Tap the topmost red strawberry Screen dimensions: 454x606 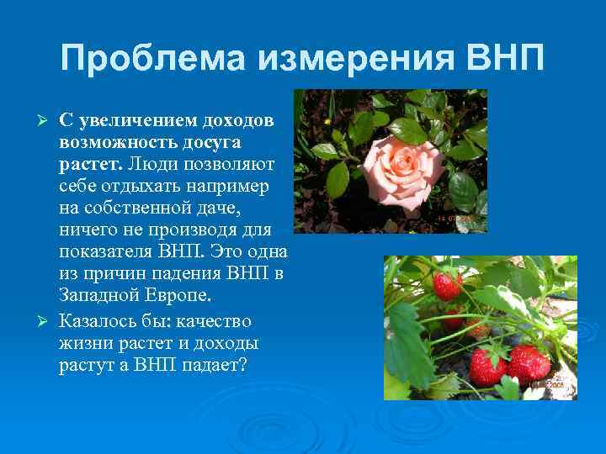click(447, 286)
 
